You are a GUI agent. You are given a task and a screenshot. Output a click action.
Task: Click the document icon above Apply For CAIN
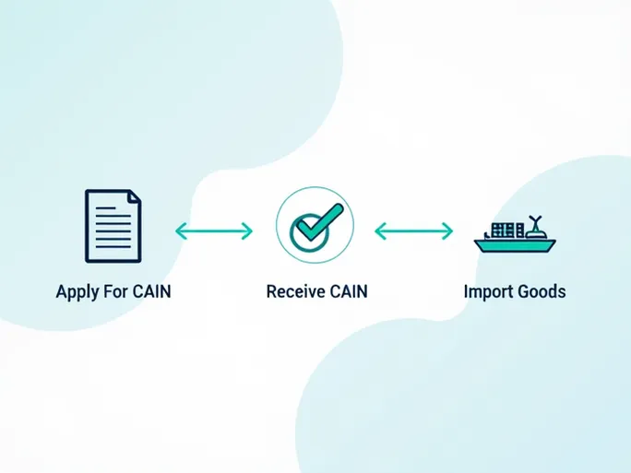113,225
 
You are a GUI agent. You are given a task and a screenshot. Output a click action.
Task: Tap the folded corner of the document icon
135,196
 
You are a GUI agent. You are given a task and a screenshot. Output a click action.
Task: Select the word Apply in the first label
77,292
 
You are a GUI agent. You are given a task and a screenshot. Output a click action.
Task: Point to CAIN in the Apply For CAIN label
151,292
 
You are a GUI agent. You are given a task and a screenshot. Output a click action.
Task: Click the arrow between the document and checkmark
214,231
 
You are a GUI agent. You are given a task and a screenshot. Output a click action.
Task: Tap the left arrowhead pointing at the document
180,231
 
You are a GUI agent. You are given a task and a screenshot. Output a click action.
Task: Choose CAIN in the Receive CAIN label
348,292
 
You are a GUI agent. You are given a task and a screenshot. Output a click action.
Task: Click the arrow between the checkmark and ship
413,231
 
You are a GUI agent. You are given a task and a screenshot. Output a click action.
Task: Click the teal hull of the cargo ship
513,246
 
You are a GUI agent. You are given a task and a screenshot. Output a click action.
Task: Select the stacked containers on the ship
503,231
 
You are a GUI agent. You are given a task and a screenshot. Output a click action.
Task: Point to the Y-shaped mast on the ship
534,220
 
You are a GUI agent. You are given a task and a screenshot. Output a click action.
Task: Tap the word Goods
542,292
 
